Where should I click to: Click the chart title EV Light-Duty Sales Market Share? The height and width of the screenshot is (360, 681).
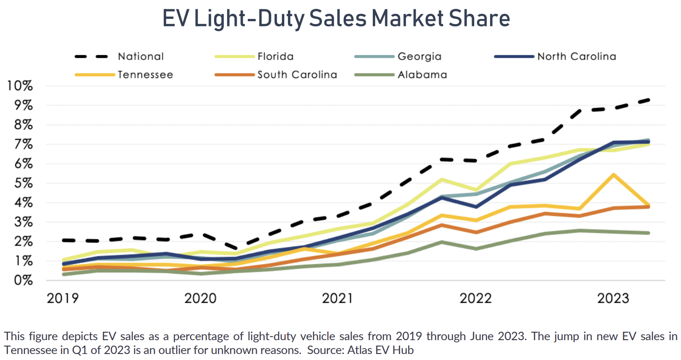pos(336,19)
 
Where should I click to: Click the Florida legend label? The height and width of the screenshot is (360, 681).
pos(276,57)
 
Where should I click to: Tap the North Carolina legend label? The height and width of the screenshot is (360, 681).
pos(576,57)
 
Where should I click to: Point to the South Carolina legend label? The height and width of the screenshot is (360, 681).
pos(297,74)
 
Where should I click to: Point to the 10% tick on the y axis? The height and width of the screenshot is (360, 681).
pos(19,86)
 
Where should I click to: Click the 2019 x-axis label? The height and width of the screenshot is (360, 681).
pos(63,299)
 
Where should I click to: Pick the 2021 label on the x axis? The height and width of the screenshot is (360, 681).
pos(337,299)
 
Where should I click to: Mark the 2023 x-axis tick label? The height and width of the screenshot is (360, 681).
pos(613,299)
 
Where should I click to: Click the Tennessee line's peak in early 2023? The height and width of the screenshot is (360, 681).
pos(613,174)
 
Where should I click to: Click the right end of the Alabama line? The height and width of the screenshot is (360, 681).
pos(648,233)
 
